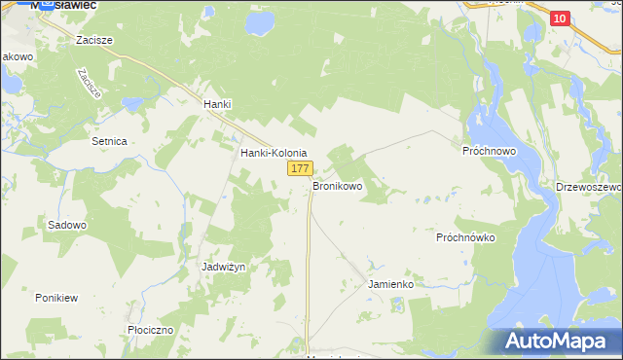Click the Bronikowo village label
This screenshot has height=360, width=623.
click(x=337, y=185)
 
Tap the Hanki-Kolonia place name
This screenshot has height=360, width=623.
click(x=274, y=154)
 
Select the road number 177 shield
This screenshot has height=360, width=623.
click(x=300, y=169)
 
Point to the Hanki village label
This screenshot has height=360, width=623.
click(x=215, y=104)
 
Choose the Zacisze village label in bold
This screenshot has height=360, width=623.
click(x=95, y=40)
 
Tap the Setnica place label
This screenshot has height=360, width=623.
click(x=109, y=141)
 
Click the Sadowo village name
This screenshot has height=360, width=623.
click(x=67, y=225)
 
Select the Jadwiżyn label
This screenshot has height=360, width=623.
click(x=222, y=267)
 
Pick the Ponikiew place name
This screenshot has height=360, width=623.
click(x=55, y=297)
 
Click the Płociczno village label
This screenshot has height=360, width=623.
click(x=150, y=330)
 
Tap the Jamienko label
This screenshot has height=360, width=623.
click(x=391, y=284)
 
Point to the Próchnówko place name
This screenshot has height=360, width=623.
click(x=466, y=237)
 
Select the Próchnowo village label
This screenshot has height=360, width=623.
click(x=488, y=153)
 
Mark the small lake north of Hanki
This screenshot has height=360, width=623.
click(x=260, y=21)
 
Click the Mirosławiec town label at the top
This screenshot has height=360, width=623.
click(x=63, y=5)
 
